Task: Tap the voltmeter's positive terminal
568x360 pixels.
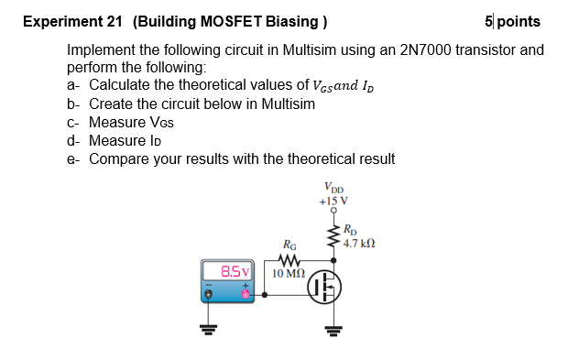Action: coord(246,292)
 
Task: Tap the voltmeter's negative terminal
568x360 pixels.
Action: coord(210,292)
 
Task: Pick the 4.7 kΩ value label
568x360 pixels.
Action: coord(360,243)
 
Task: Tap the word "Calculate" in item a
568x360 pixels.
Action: coord(122,86)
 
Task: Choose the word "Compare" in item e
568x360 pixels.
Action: coord(122,158)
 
